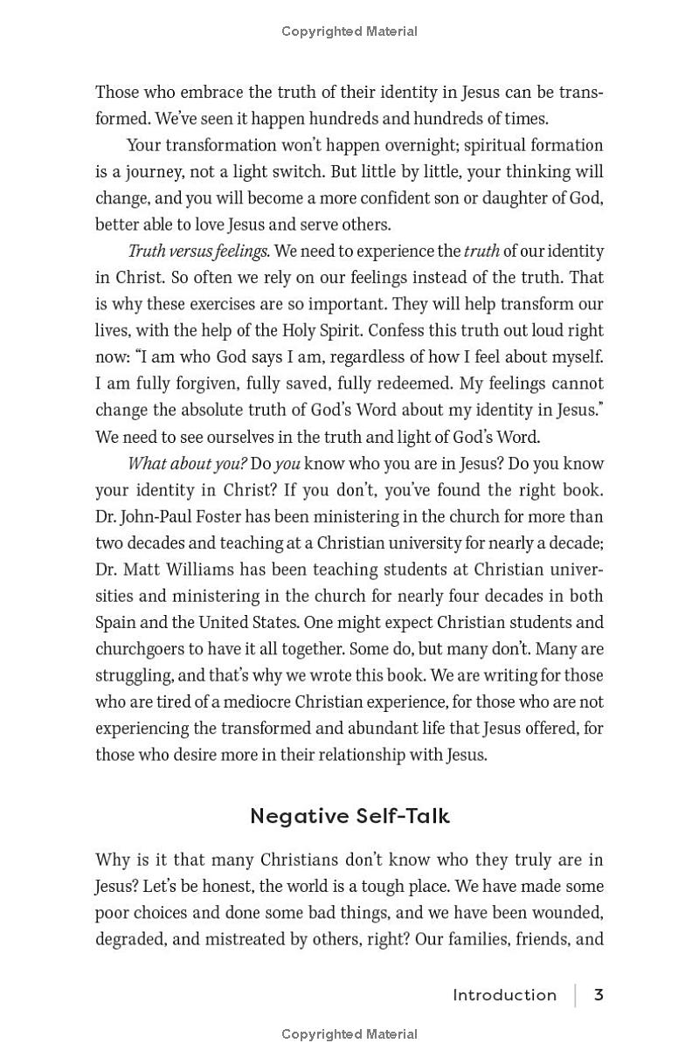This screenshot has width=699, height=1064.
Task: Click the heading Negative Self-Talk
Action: (x=349, y=816)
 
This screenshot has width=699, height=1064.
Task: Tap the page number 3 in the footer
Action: (x=599, y=995)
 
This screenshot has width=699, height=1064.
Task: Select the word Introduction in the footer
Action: (x=504, y=995)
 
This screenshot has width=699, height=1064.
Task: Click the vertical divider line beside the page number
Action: (x=576, y=995)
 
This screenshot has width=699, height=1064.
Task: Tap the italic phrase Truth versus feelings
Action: (x=198, y=252)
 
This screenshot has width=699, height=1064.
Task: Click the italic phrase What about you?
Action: (x=187, y=464)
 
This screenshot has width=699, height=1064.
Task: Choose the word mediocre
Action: (x=258, y=702)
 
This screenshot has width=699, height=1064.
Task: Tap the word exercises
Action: (x=239, y=305)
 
